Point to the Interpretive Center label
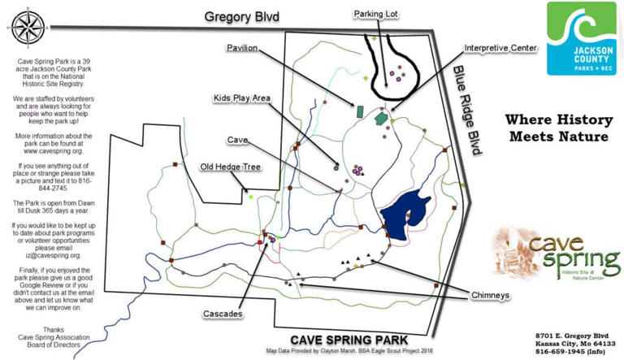point(500,48)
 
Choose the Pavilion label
point(242,48)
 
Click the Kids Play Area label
point(241,98)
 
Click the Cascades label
point(227,311)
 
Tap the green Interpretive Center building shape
point(380,119)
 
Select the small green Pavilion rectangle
point(358,108)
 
